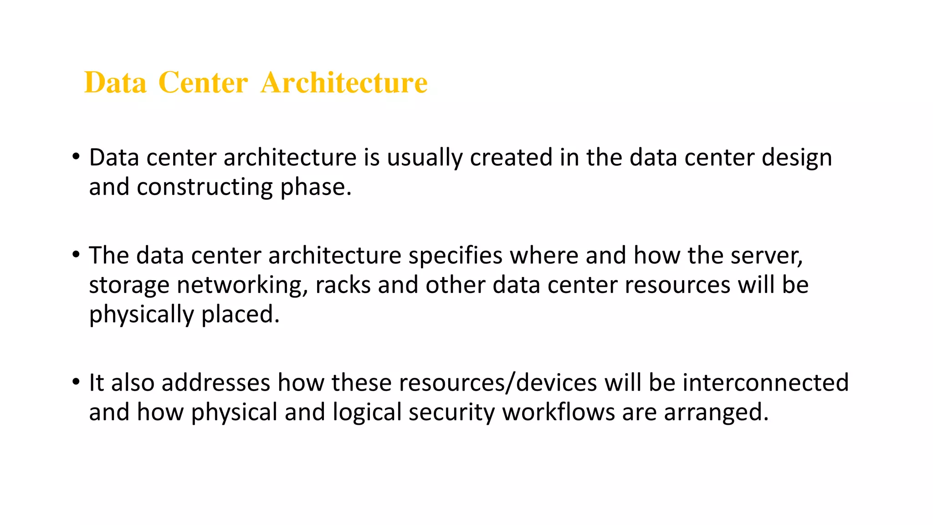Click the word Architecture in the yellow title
pos(344,83)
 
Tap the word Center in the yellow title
pos(203,83)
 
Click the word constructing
pos(205,187)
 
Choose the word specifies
pos(455,256)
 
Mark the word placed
pos(240,314)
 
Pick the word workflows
pos(559,412)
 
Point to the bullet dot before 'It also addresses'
pos(76,382)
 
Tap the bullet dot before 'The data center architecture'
pos(76,255)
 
